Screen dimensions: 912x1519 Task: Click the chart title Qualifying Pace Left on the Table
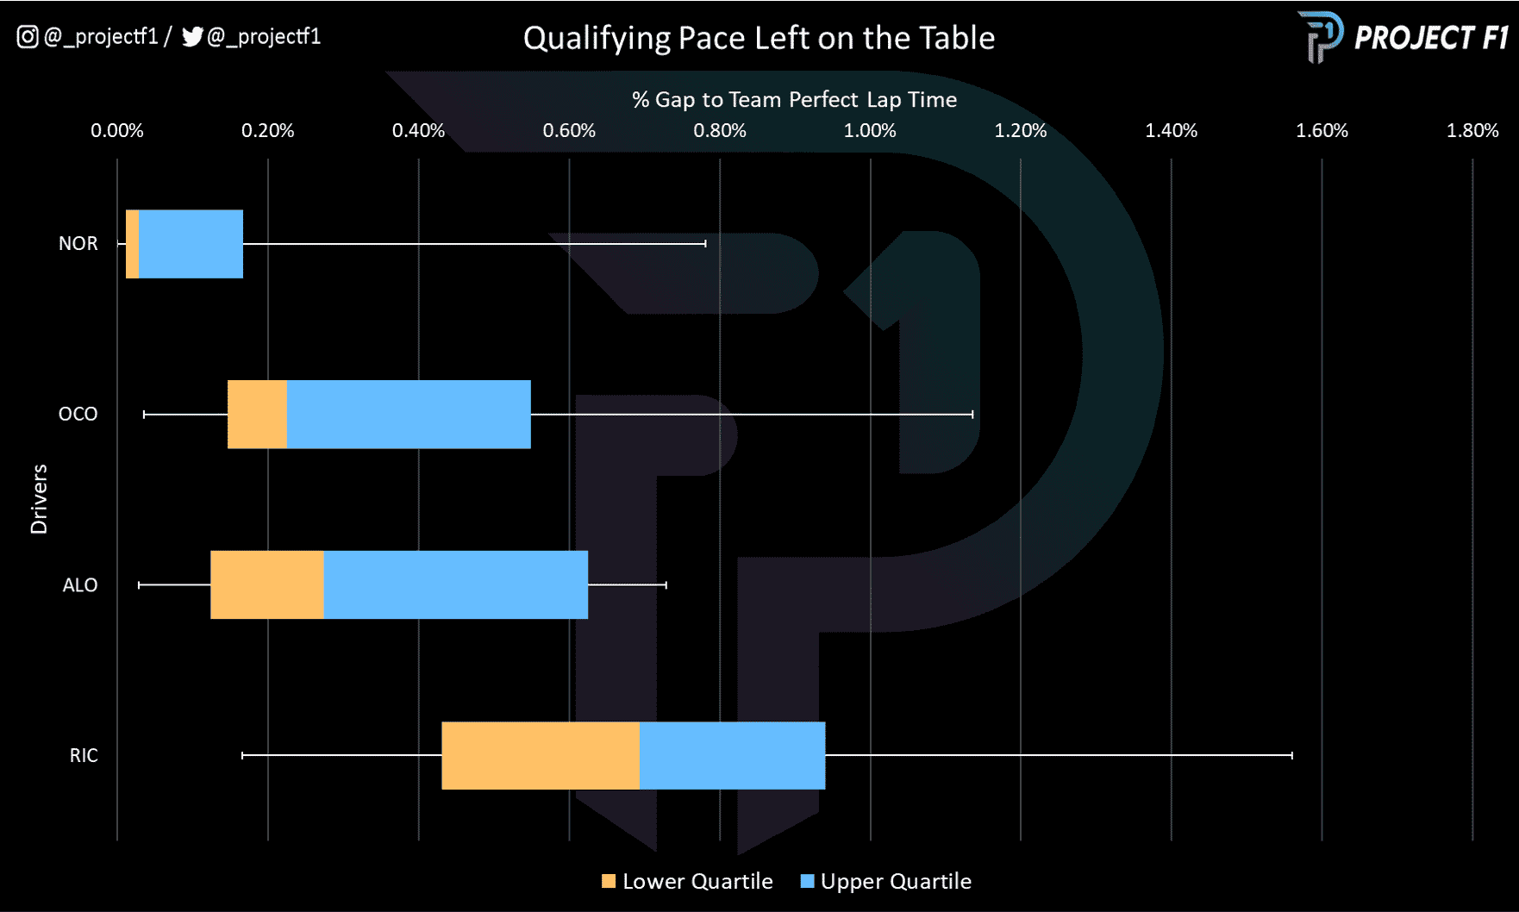(x=759, y=38)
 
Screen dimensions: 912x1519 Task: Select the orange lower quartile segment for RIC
(x=541, y=755)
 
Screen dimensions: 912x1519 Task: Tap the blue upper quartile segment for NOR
(x=191, y=244)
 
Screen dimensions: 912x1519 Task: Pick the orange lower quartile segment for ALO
(x=267, y=584)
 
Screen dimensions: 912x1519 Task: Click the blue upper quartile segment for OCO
(x=409, y=415)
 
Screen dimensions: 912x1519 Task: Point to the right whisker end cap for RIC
(x=1291, y=755)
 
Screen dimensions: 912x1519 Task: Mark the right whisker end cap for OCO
(x=972, y=415)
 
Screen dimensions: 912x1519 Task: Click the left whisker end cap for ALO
(x=140, y=585)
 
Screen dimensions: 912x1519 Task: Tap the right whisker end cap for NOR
(x=705, y=244)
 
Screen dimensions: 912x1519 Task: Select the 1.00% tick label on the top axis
(x=869, y=131)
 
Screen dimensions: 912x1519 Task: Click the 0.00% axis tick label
(x=117, y=131)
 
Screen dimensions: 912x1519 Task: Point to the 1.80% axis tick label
(x=1472, y=131)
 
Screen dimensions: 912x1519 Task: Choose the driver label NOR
(x=78, y=244)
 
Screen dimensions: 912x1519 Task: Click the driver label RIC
(x=84, y=756)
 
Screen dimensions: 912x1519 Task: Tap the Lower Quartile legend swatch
(x=609, y=881)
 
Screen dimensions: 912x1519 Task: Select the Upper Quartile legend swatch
(x=808, y=881)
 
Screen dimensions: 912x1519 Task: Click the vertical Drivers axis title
(x=39, y=499)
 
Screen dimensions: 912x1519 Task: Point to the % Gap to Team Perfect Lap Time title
(x=794, y=100)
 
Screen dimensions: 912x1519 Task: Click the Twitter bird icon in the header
(x=192, y=36)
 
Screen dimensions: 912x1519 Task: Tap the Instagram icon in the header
(x=28, y=36)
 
